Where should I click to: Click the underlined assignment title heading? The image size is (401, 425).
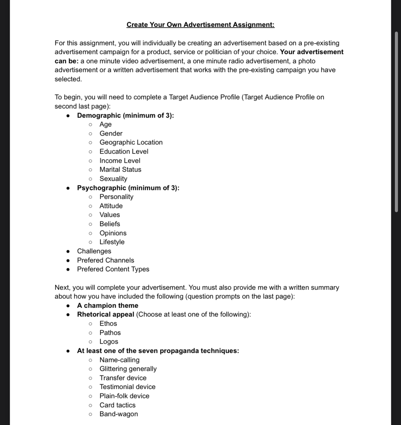tap(200, 25)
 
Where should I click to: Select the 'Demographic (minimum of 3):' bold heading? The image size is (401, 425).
tap(125, 116)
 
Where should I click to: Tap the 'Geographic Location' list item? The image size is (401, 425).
tap(131, 142)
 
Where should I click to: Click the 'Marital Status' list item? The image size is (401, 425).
tap(120, 170)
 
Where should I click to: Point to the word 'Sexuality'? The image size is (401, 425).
tap(113, 179)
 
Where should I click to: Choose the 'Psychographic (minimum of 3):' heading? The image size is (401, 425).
tap(128, 188)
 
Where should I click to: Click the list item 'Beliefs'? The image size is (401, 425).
tap(110, 224)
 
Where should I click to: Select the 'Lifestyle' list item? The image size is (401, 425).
tap(112, 242)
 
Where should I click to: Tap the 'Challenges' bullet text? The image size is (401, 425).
tap(94, 251)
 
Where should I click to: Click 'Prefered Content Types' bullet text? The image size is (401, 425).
tap(113, 269)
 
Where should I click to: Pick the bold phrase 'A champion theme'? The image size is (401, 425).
tap(107, 306)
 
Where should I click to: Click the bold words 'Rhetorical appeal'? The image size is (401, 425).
tap(105, 314)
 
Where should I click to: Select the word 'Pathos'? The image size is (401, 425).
tap(110, 333)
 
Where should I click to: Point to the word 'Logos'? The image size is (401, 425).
tap(109, 342)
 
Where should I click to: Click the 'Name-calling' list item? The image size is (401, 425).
tap(119, 360)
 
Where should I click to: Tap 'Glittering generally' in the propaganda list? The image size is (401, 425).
tap(128, 369)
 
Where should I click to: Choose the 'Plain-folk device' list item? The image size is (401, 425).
tap(124, 396)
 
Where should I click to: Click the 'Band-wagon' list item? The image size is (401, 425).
tap(119, 414)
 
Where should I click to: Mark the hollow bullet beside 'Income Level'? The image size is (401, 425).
tap(90, 161)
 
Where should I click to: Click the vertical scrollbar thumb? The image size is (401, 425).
tap(396, 122)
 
